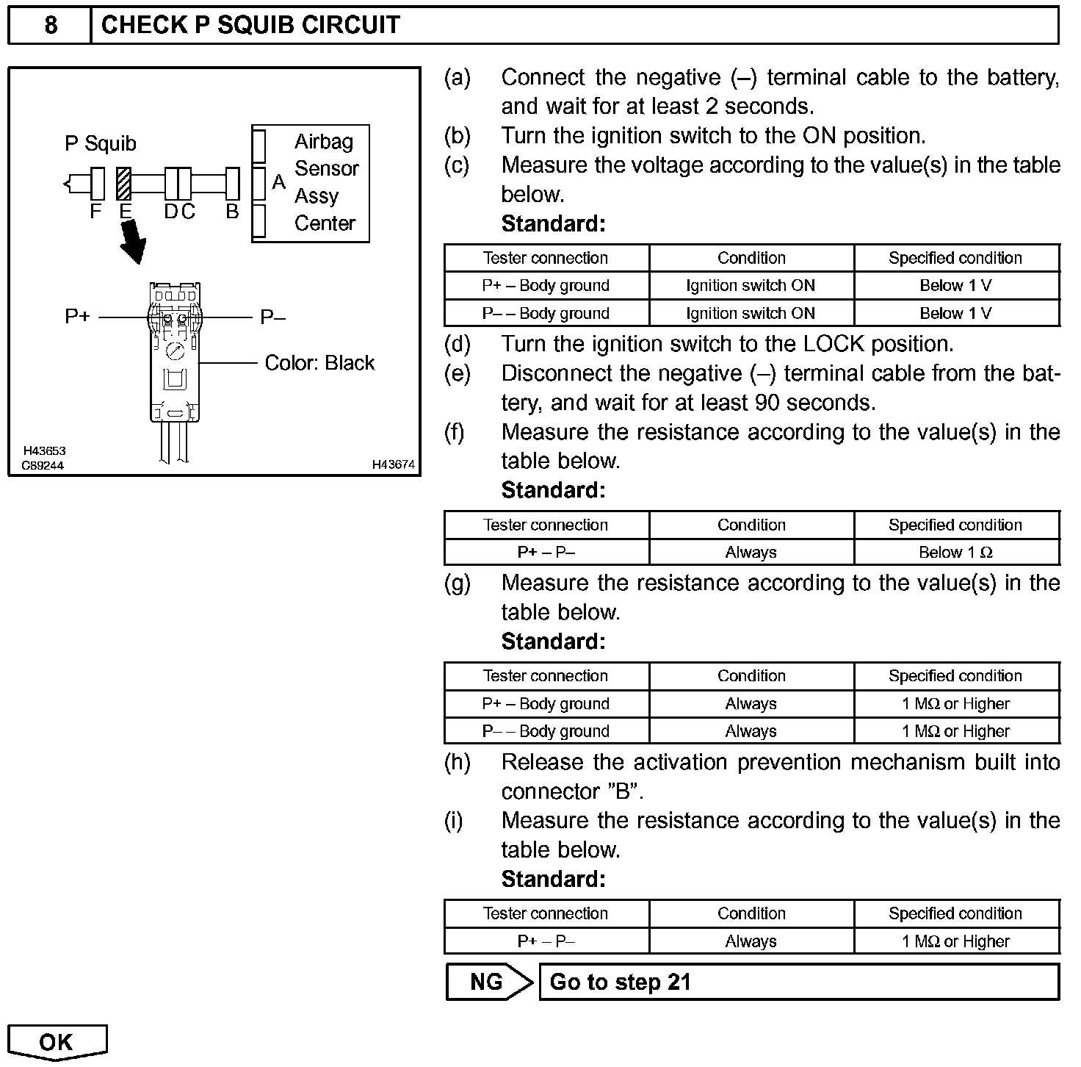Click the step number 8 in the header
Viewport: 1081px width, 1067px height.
tap(50, 25)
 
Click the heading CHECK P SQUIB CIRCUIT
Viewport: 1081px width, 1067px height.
tap(250, 25)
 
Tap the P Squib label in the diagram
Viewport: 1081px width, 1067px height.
tap(101, 143)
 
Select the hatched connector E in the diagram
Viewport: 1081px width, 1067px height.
tap(124, 184)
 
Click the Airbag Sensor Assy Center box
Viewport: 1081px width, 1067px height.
tap(311, 183)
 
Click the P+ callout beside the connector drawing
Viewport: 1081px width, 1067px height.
tap(77, 317)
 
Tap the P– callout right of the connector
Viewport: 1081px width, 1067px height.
tap(272, 317)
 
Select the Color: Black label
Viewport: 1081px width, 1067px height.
tap(319, 363)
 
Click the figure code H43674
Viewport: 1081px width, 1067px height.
tap(393, 464)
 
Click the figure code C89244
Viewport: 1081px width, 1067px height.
tap(43, 465)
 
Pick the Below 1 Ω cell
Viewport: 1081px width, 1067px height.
tap(955, 553)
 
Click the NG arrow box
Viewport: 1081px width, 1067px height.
tap(488, 982)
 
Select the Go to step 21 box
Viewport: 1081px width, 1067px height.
tap(798, 982)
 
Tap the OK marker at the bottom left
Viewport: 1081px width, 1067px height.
tap(57, 1042)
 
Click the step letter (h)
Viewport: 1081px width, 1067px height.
tap(457, 762)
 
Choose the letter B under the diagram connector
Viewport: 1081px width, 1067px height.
tap(232, 212)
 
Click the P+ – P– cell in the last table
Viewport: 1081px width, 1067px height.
tap(546, 941)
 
